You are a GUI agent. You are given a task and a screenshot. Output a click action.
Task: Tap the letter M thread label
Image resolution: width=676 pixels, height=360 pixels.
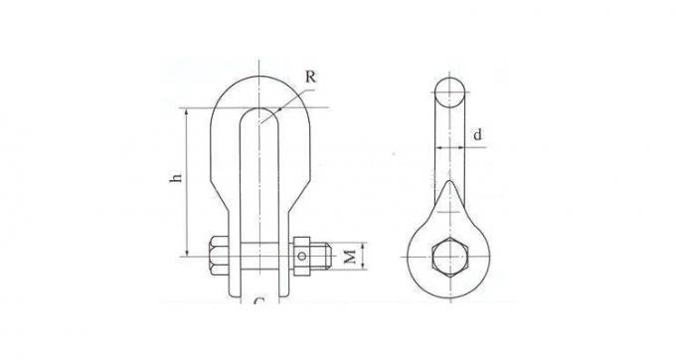pyautogui.click(x=349, y=258)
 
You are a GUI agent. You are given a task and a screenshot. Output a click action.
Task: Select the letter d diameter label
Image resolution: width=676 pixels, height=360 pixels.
pyautogui.click(x=477, y=133)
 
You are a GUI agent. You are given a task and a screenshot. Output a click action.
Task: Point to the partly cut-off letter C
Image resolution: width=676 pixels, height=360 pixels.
pyautogui.click(x=258, y=300)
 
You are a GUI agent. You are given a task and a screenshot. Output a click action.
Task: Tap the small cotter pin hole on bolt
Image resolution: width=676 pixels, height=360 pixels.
pyautogui.click(x=301, y=257)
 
